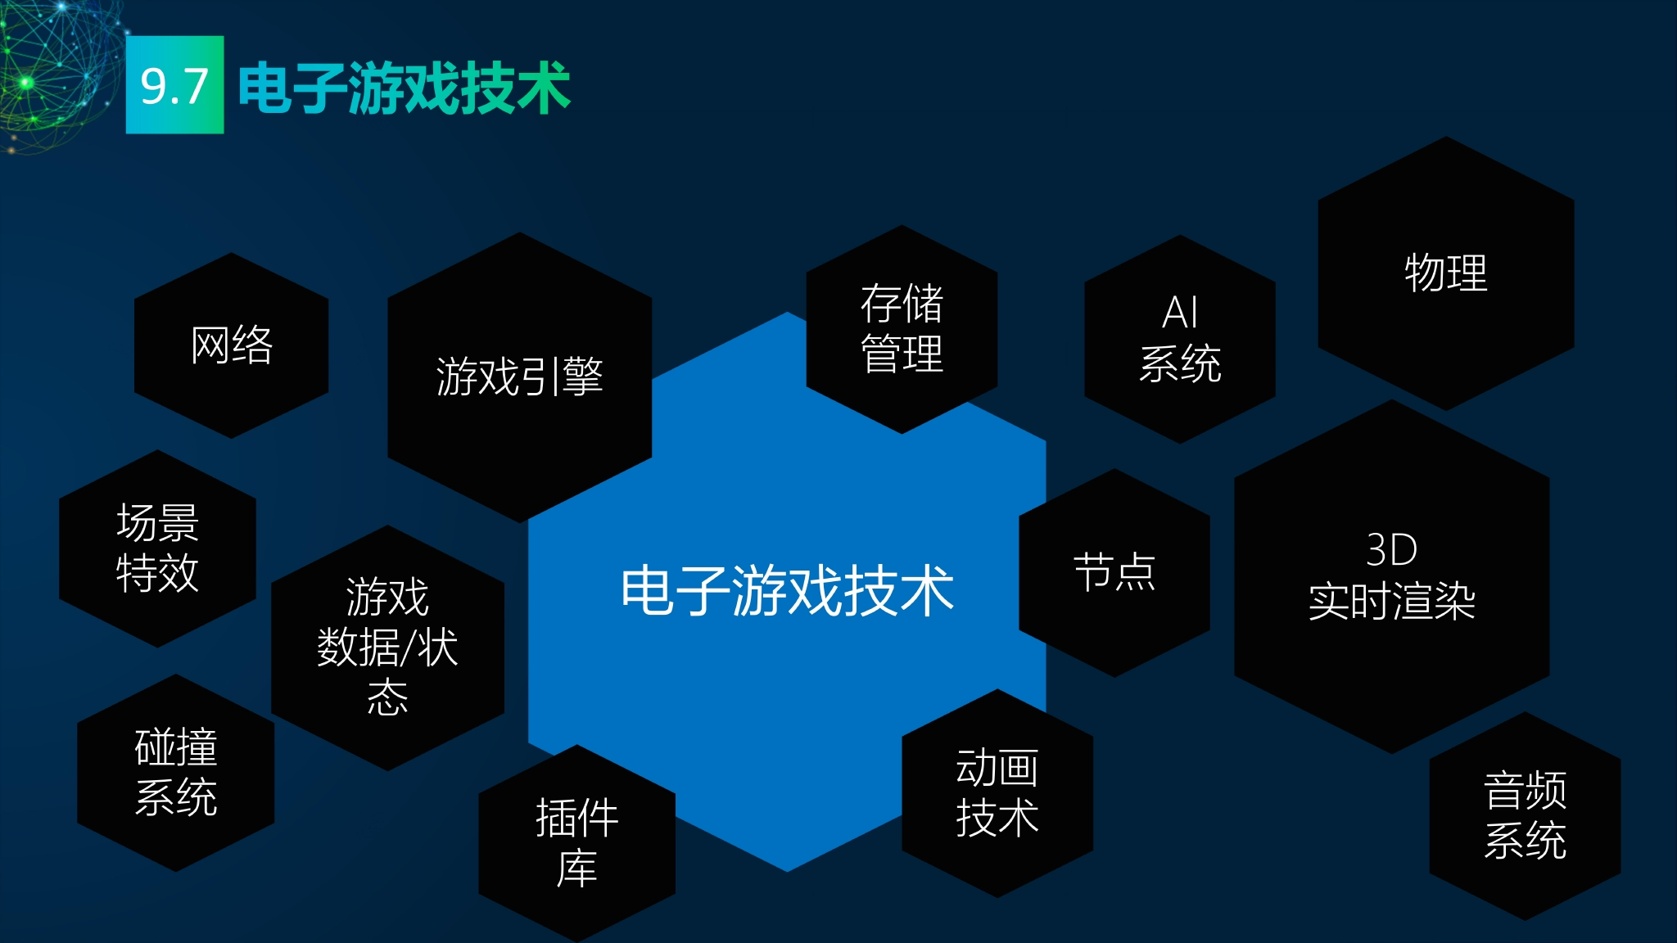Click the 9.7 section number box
[x=174, y=84]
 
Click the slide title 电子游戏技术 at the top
[x=404, y=88]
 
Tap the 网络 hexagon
[x=232, y=345]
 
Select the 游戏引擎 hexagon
[x=519, y=377]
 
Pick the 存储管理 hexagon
[x=902, y=329]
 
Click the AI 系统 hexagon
[x=1180, y=339]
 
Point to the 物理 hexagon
[x=1446, y=273]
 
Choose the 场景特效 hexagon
[x=157, y=548]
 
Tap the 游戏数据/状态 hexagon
[x=387, y=647]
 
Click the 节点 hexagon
[x=1114, y=572]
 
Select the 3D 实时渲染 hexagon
[x=1392, y=576]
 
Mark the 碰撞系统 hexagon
[x=176, y=772]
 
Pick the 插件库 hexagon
[x=577, y=843]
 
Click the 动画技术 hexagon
[x=997, y=792]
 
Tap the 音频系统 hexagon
[x=1526, y=815]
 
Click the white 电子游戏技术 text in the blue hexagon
[x=787, y=590]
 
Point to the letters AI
[x=1180, y=313]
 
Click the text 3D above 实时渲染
[x=1392, y=550]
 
